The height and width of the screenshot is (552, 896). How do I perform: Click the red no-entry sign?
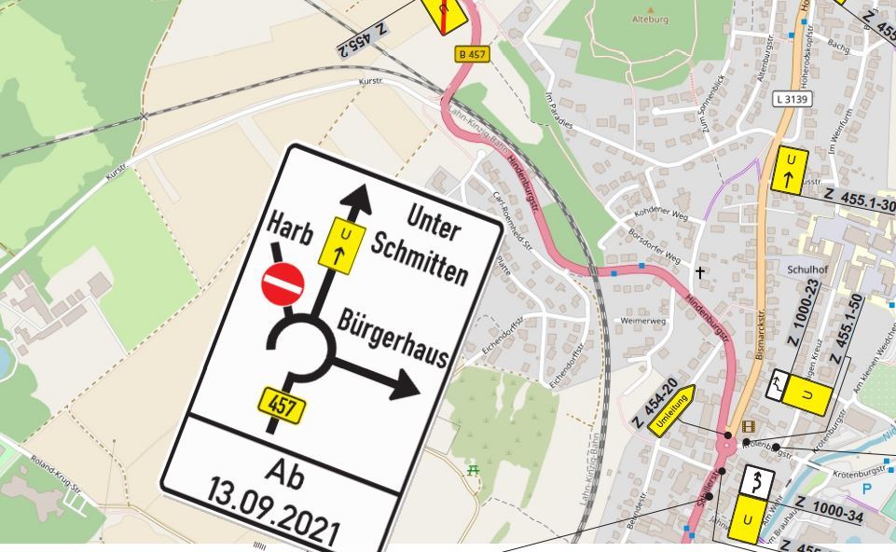pos(283,283)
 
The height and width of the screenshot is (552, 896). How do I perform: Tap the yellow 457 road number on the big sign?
pos(281,405)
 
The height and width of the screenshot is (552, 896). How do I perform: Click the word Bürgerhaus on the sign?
pos(392,338)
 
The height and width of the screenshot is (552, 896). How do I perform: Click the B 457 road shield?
pos(472,54)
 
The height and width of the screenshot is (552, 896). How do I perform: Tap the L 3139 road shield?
pos(792,98)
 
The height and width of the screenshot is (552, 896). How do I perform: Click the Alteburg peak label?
pos(650,18)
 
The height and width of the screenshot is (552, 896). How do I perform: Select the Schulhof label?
pos(807,269)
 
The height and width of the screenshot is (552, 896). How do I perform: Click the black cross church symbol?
pos(699,272)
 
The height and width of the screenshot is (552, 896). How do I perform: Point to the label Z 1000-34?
pos(829,510)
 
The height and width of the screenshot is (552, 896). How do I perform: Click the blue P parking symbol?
pos(867,489)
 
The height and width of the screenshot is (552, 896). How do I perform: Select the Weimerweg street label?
pos(643,321)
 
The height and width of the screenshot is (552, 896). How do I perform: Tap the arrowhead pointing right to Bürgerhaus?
pos(407,383)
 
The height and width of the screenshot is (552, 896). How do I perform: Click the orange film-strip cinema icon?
pos(748,427)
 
